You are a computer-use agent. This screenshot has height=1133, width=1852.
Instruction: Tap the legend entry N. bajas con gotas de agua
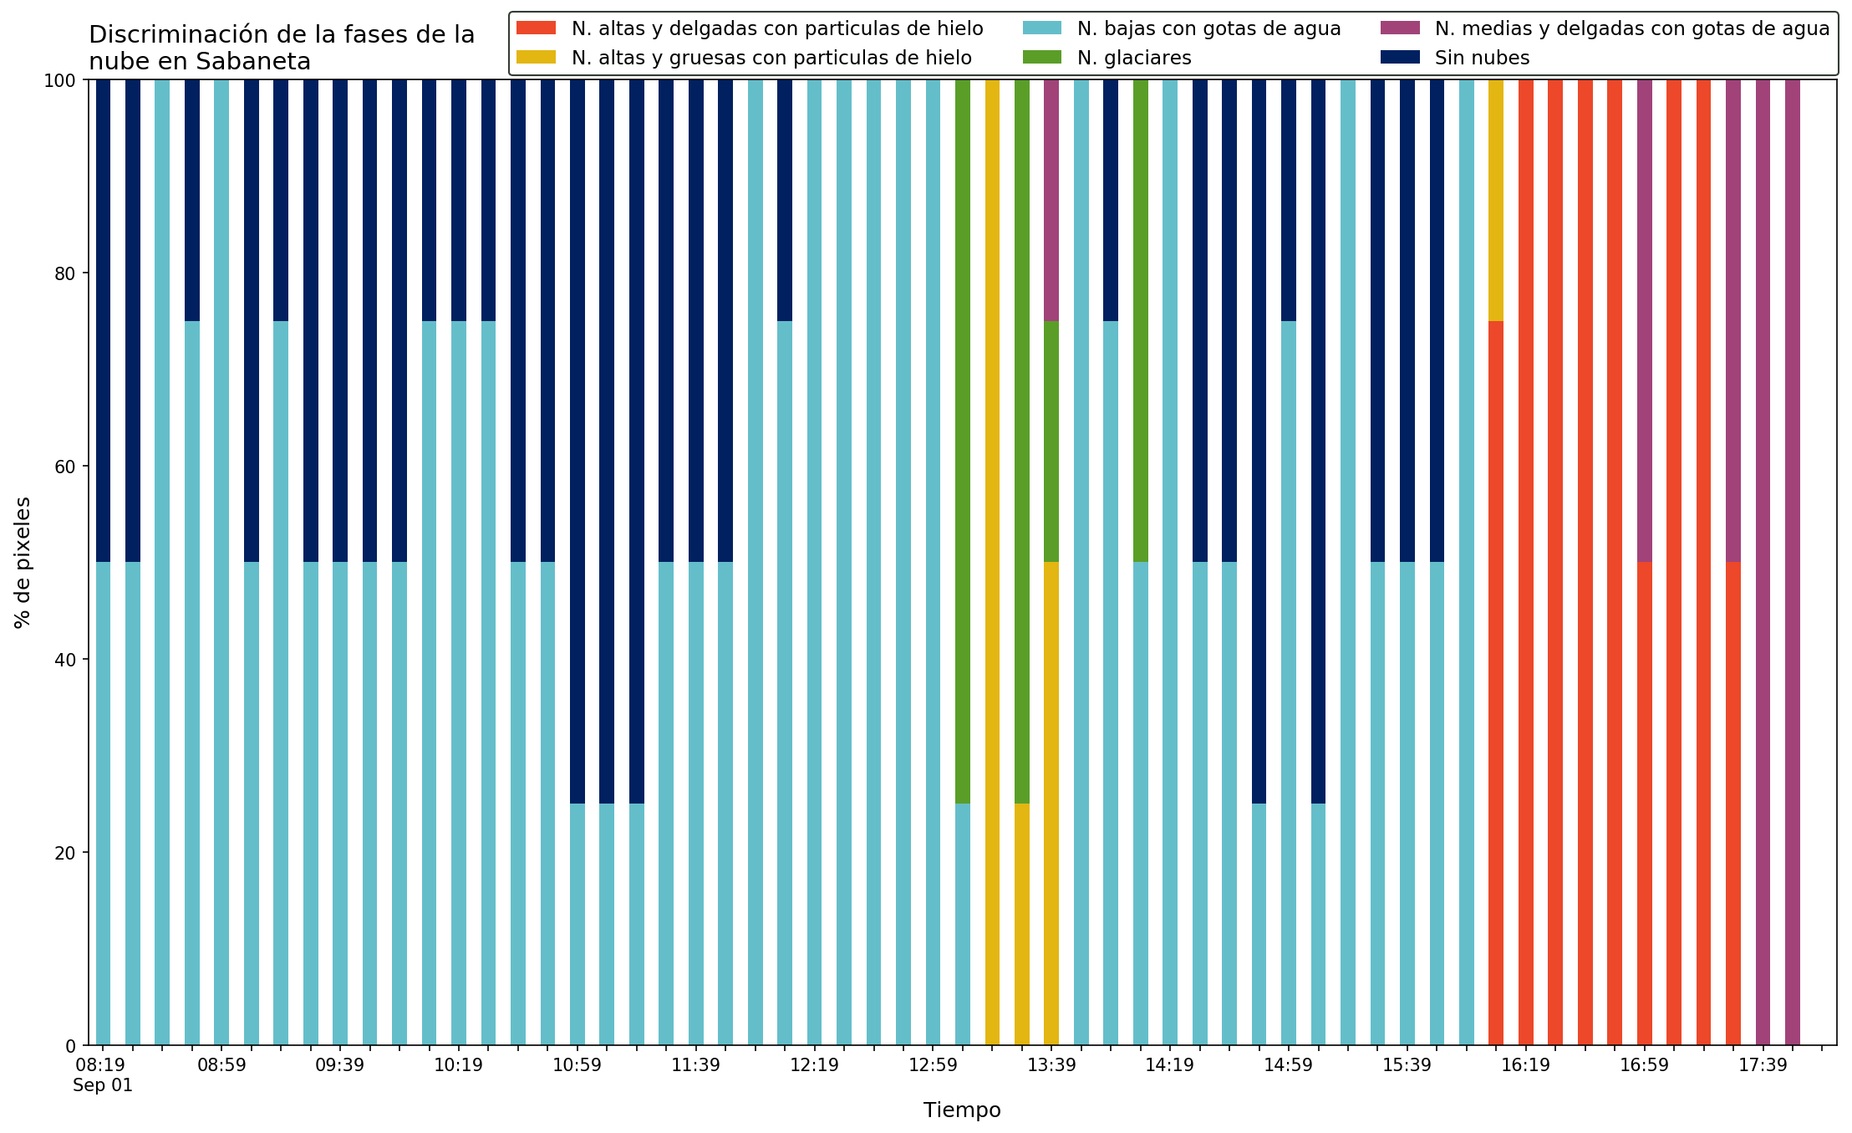(1183, 28)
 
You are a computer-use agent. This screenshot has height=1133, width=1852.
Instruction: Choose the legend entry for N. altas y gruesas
(745, 58)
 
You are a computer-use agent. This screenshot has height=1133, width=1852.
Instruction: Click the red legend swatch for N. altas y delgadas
(537, 28)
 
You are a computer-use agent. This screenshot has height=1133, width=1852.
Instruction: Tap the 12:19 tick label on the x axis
(814, 1066)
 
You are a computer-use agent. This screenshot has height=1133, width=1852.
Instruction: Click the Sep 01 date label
(103, 1085)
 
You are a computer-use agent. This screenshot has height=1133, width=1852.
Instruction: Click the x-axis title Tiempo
(962, 1110)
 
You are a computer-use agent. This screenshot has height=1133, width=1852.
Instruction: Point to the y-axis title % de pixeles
(23, 563)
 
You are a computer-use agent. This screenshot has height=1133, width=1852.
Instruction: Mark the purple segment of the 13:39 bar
(1051, 201)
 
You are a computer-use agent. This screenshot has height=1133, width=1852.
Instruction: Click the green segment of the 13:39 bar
(1051, 441)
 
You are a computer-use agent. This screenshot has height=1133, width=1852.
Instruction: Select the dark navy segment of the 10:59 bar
(577, 441)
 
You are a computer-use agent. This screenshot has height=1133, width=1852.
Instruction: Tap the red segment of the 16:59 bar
(1644, 804)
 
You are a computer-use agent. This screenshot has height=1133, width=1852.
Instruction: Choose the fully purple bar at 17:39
(1763, 563)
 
